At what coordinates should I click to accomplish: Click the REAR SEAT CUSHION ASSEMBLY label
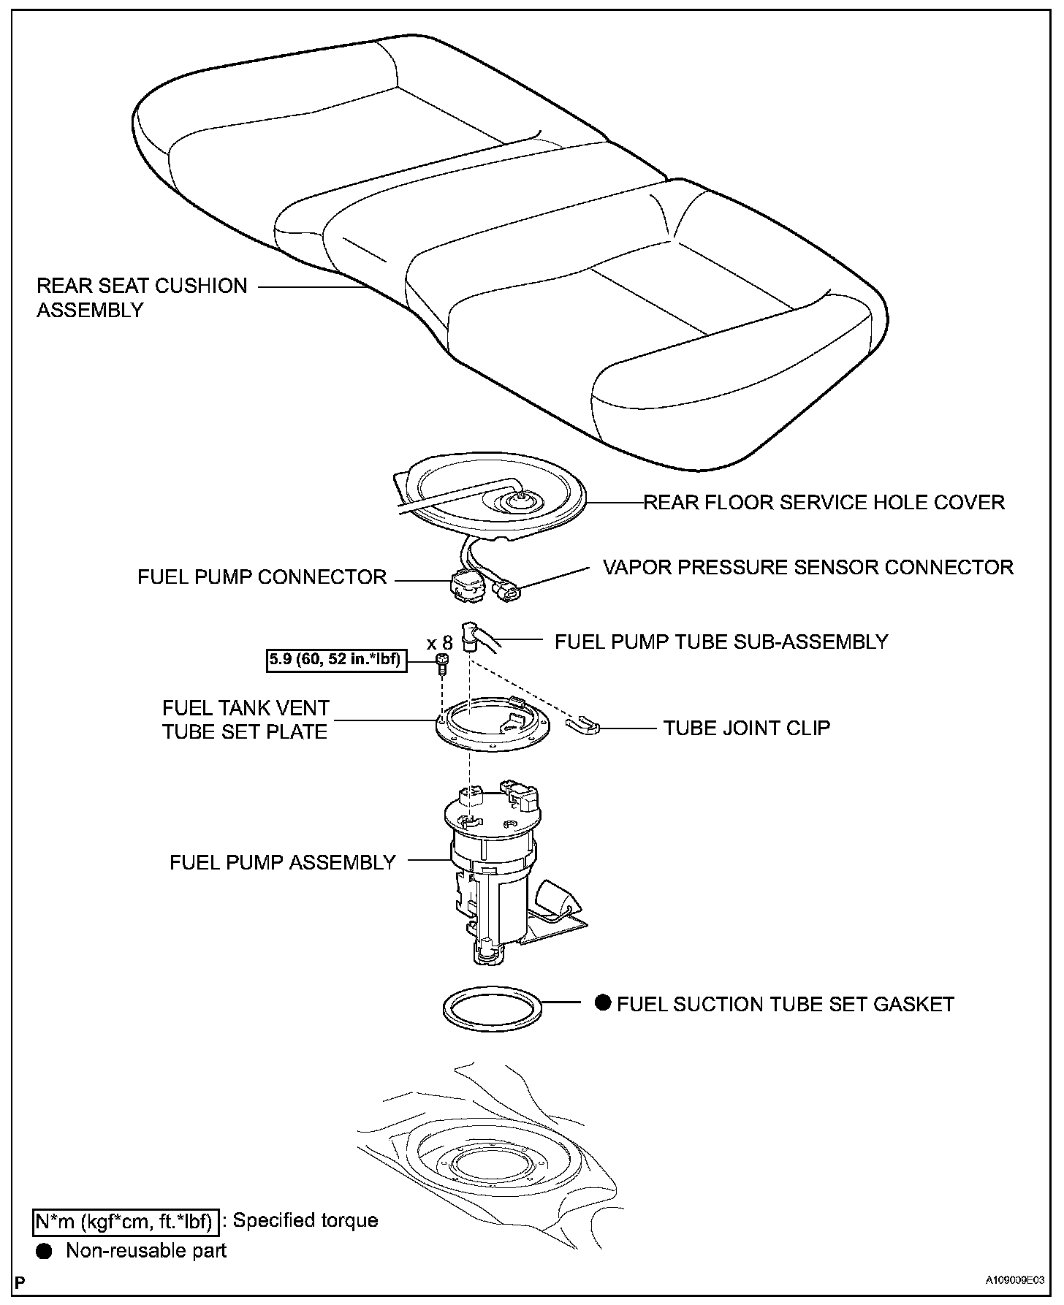click(142, 297)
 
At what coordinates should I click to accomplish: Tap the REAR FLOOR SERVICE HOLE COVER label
click(824, 503)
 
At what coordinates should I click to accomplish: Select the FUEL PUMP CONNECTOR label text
click(262, 577)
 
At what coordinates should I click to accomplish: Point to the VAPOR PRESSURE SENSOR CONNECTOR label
click(807, 568)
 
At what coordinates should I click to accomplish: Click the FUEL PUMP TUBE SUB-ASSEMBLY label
click(721, 642)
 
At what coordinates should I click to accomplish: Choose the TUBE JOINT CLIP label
click(746, 728)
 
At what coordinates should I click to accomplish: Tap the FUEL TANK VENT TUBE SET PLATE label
click(246, 720)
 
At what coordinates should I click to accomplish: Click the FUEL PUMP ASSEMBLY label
click(282, 862)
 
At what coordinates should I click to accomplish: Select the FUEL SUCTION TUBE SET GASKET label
click(785, 1004)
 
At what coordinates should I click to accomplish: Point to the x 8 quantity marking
click(440, 643)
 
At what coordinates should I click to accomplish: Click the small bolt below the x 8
click(442, 662)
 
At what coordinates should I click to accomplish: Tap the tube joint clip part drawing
click(583, 725)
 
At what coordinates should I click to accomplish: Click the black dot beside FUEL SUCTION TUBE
click(603, 1002)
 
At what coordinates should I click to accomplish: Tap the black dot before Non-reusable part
click(45, 1251)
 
